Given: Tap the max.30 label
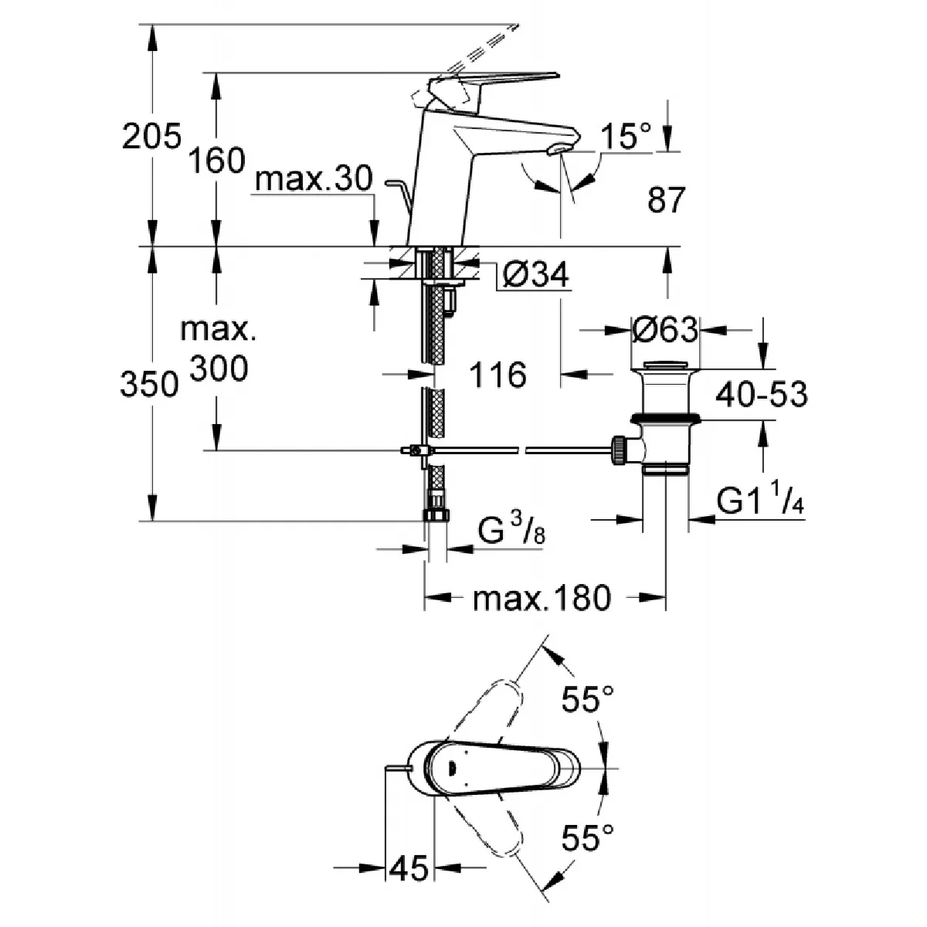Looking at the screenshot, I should tap(314, 181).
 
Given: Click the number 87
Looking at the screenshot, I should tap(665, 201).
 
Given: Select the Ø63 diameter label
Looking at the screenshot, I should tap(664, 330).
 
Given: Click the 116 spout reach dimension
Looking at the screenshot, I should tap(497, 375).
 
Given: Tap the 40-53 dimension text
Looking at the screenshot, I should tap(761, 395).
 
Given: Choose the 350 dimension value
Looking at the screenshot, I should tap(151, 385).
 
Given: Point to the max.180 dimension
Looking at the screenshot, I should tap(542, 597).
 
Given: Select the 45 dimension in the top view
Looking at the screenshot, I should tap(409, 869).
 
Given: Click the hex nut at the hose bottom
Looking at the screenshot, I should tap(435, 515).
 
